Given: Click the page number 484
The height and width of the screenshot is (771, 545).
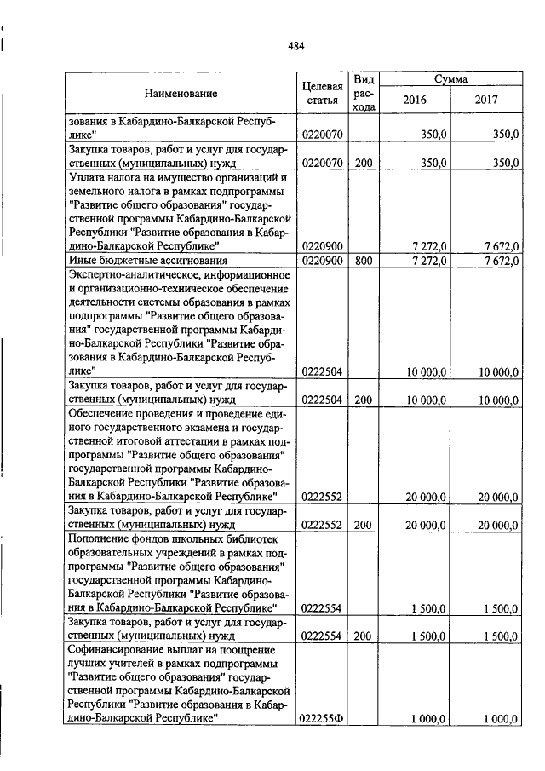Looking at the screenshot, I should (x=295, y=46).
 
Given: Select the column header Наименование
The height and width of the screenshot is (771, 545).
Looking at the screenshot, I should (x=181, y=93).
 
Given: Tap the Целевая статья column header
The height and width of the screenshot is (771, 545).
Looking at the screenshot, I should (x=323, y=93).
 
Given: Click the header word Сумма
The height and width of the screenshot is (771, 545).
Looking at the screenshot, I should (x=450, y=78).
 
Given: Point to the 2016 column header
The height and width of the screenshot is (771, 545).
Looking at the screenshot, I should (x=414, y=100).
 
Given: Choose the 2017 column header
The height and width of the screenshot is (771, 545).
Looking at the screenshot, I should (x=486, y=100).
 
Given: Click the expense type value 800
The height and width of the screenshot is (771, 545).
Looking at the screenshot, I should (x=364, y=261).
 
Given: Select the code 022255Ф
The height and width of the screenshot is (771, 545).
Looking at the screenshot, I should (x=321, y=718).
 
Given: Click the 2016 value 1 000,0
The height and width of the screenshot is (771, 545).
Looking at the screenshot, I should (x=429, y=718).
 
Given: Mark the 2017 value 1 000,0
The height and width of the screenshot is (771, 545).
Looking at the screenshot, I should (x=501, y=718).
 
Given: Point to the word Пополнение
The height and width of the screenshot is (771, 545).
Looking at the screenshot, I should (x=100, y=538).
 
